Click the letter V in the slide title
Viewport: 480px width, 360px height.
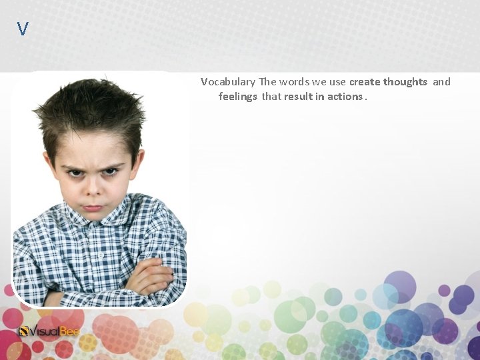(x=23, y=29)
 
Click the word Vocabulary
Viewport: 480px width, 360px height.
(x=228, y=82)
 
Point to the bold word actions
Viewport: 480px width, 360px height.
(x=345, y=97)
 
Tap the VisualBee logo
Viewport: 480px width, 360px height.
(x=50, y=331)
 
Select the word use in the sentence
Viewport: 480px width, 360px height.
(x=337, y=82)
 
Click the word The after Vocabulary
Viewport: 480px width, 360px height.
(x=267, y=82)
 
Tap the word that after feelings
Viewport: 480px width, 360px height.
(x=271, y=97)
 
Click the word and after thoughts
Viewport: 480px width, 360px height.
(x=442, y=82)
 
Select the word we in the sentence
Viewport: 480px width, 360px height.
(x=320, y=82)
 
